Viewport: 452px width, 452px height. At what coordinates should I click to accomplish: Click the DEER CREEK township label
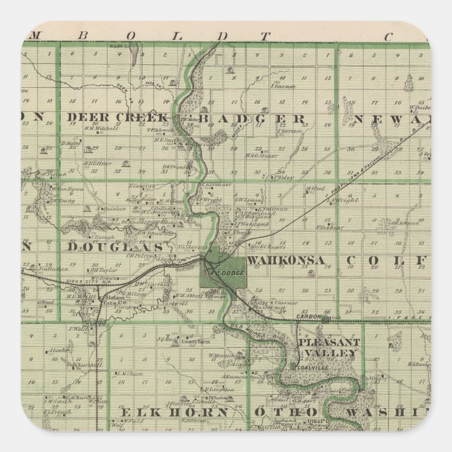[x=117, y=117]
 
